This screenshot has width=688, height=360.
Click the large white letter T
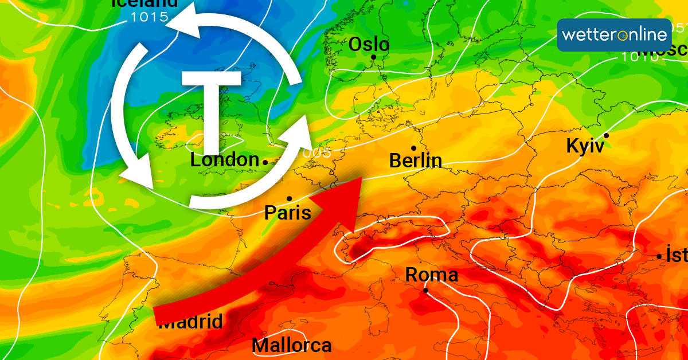[211, 109]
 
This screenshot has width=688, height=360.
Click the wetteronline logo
[614, 35]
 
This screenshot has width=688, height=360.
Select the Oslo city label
[369, 44]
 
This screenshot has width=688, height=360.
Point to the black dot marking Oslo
[373, 57]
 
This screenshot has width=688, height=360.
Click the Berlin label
[415, 161]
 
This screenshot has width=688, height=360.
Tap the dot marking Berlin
[413, 148]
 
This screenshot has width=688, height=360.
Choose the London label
[225, 160]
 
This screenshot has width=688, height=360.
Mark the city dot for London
[265, 163]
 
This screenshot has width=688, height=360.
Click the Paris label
[287, 213]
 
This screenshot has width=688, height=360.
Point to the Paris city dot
[289, 198]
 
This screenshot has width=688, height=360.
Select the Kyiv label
[585, 146]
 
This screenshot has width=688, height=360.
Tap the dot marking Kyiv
[605, 135]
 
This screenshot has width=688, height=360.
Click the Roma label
[432, 275]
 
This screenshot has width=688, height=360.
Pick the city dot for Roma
[426, 290]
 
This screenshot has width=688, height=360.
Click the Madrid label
[190, 322]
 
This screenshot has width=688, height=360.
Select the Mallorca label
[291, 346]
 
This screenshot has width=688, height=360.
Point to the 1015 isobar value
[149, 17]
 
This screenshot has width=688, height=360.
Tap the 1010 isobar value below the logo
[639, 56]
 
